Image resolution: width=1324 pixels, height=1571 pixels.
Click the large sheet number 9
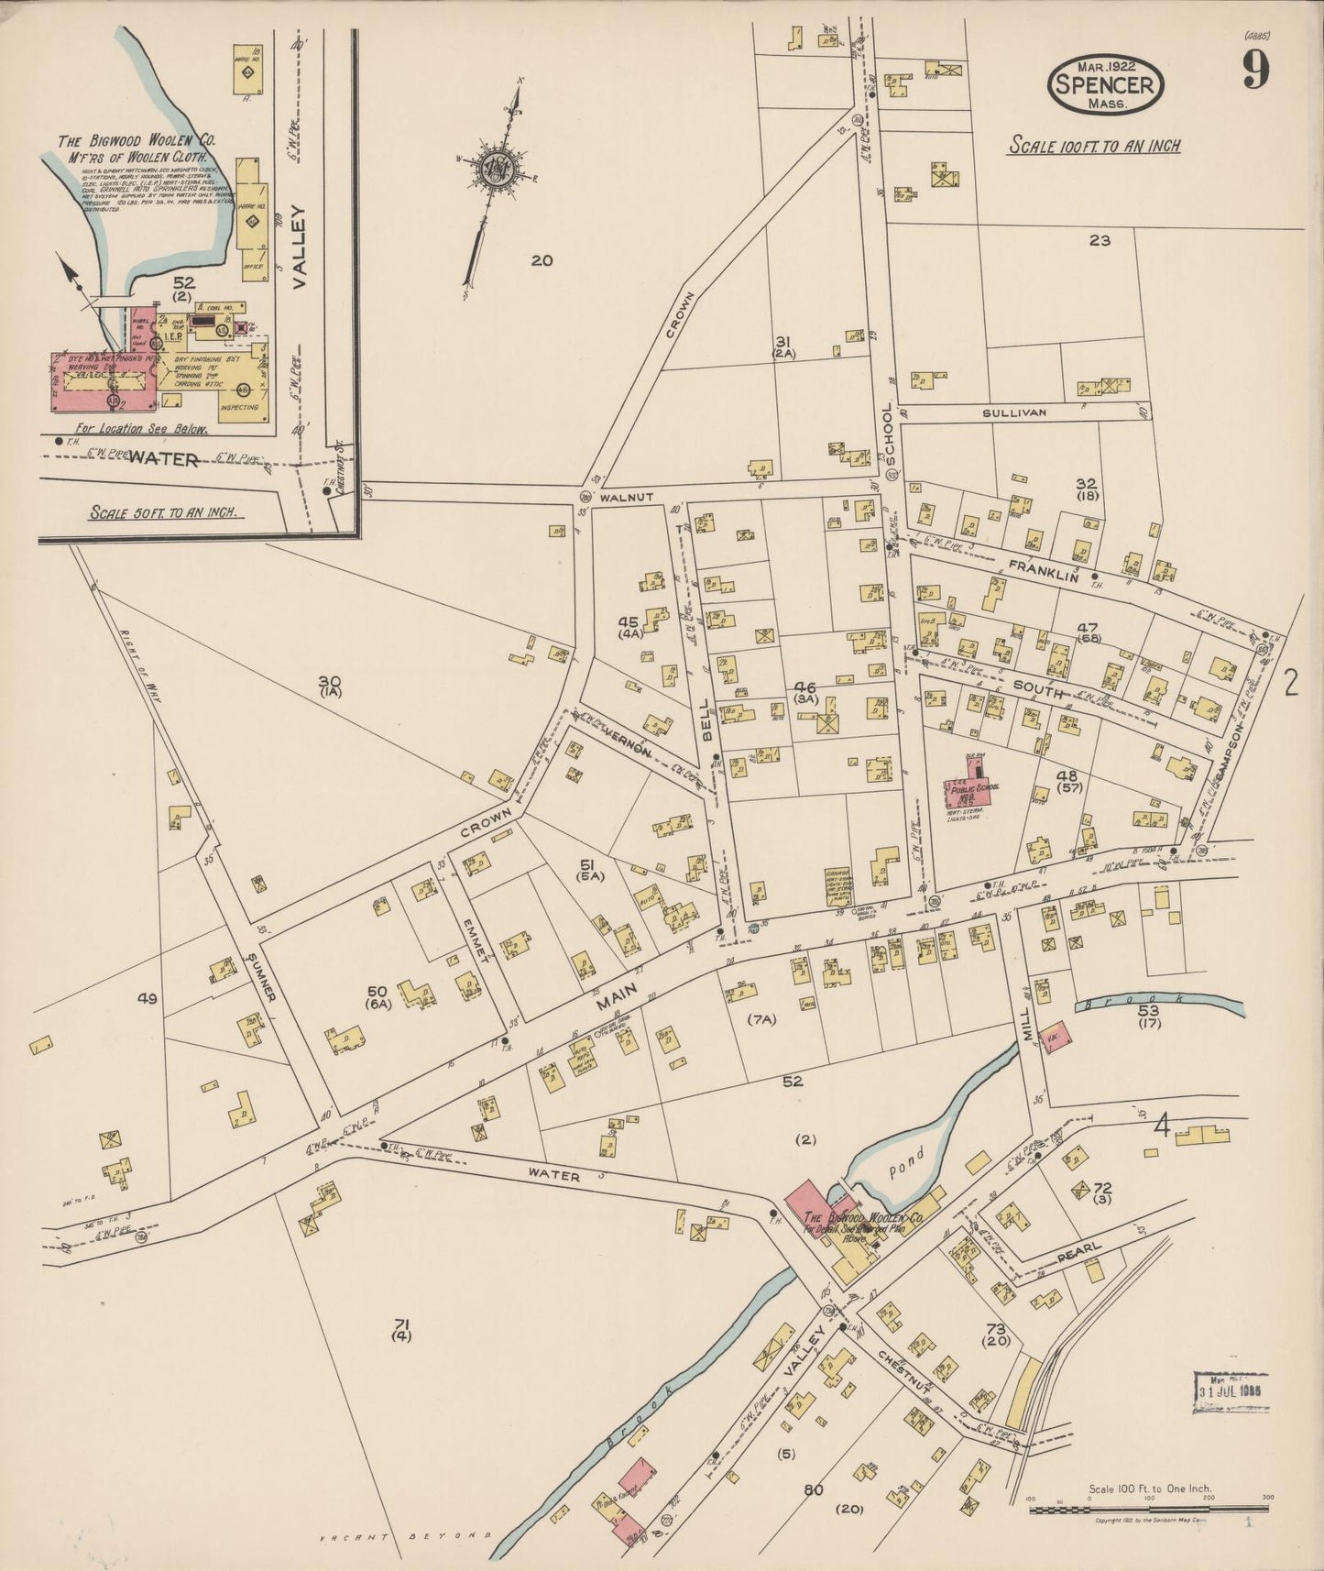pyautogui.click(x=1255, y=70)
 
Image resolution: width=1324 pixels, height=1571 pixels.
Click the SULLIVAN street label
pyautogui.click(x=1013, y=413)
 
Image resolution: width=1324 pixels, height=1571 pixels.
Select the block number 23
pyautogui.click(x=1100, y=241)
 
